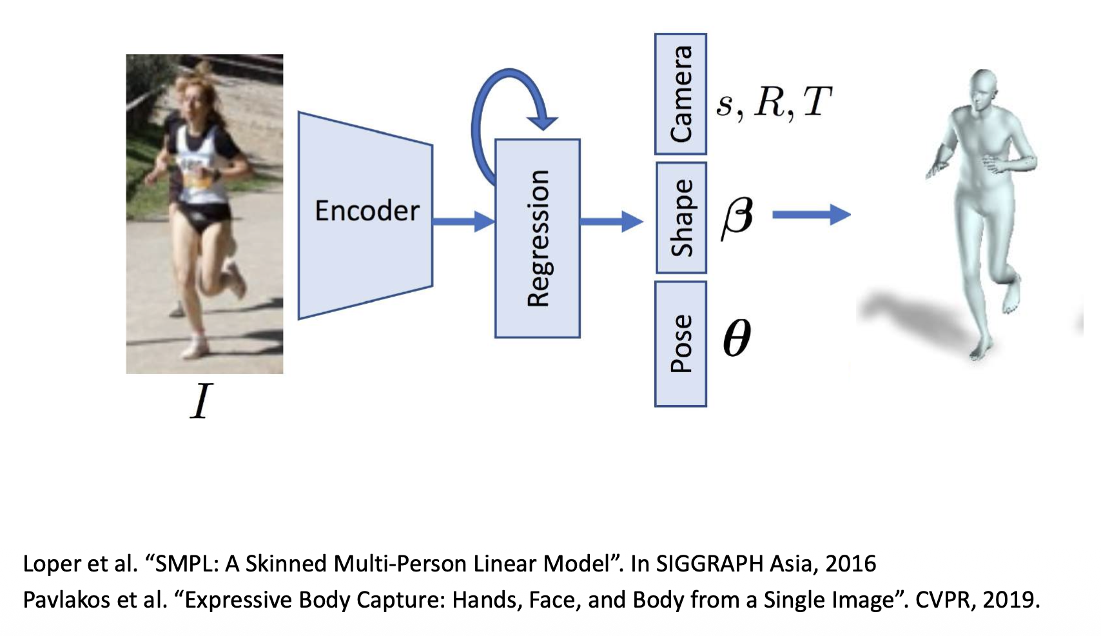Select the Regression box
click(x=537, y=239)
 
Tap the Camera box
click(x=681, y=94)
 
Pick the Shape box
click(x=681, y=218)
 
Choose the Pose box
click(x=681, y=344)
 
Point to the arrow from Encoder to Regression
click(x=463, y=221)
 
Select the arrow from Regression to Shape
click(x=611, y=221)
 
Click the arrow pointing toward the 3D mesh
click(x=811, y=214)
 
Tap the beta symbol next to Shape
click(x=737, y=218)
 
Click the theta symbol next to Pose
click(x=737, y=337)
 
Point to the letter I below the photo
click(x=201, y=401)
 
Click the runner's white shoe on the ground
click(x=195, y=348)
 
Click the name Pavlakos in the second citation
click(x=68, y=600)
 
